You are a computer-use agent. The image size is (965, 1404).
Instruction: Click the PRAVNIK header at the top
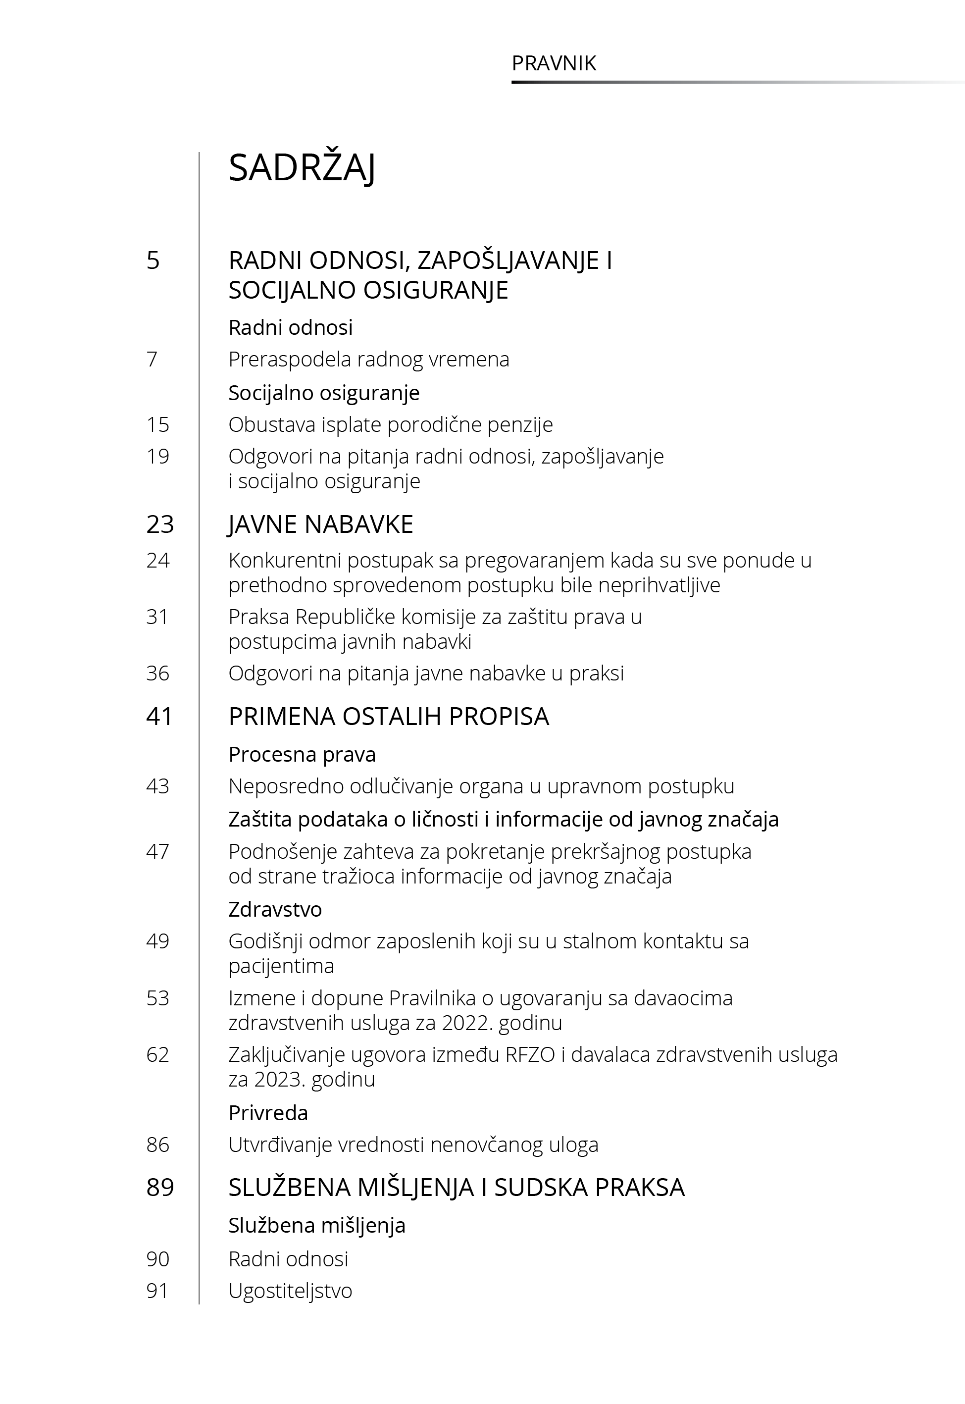pos(554,63)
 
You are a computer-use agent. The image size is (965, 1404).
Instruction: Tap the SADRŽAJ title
pos(302,168)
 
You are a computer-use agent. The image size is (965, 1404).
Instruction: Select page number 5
pos(153,260)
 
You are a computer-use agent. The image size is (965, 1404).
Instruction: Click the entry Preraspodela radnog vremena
pos(369,359)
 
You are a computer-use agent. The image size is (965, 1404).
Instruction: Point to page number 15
pos(158,424)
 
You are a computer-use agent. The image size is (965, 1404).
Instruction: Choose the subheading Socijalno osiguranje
pos(324,393)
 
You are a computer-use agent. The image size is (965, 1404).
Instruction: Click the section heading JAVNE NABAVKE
pos(320,524)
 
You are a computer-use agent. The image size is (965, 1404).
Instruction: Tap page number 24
pos(158,561)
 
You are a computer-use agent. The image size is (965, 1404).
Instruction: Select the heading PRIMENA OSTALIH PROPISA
pos(389,717)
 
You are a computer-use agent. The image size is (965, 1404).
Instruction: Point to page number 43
pos(158,786)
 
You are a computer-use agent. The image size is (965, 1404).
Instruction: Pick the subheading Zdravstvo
pos(275,909)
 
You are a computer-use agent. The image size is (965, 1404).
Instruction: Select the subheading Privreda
pos(268,1113)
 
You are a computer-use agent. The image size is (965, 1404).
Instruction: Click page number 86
pos(158,1144)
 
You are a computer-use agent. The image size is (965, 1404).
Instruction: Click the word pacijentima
pos(281,966)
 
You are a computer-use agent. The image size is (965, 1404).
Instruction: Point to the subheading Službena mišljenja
pos(317,1226)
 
